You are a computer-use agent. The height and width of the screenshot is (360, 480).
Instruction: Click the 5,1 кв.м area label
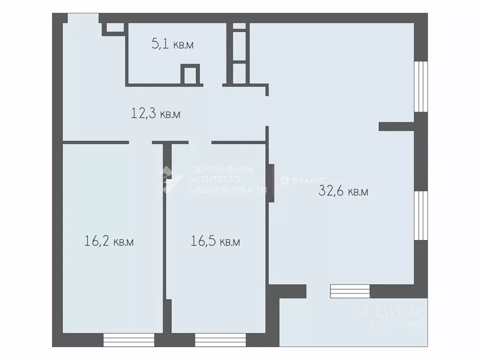coord(172,45)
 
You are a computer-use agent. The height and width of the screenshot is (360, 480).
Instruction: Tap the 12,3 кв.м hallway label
coord(156,113)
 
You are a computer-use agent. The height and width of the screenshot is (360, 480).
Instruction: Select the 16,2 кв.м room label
coord(109,242)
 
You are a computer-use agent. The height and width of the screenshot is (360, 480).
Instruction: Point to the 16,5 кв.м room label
coord(216,242)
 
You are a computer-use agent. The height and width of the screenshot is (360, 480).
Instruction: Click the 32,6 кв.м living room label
coord(343,191)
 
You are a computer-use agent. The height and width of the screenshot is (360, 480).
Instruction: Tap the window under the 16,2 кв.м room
coord(129,339)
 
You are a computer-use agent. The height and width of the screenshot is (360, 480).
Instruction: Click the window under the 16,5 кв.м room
coord(220,339)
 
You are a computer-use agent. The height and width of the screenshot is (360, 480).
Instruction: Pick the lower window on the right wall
coord(421,216)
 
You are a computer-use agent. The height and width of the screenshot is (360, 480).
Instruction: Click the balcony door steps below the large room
coord(350,291)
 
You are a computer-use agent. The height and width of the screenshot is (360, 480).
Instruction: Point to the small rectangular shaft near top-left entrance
coord(115,27)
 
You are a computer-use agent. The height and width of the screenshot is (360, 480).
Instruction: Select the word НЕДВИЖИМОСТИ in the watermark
coord(228,190)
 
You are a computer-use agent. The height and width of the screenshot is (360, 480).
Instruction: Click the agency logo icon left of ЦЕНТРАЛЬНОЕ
coord(168,179)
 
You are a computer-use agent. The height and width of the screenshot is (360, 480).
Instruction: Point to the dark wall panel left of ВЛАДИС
coord(270,183)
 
